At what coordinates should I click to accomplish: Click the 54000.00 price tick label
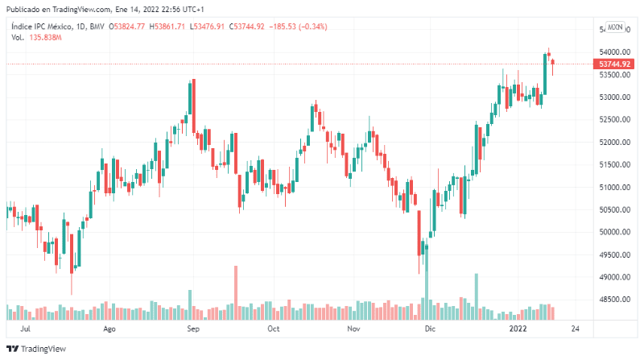tap(614, 52)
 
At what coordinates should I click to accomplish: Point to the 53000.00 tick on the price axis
tap(614, 97)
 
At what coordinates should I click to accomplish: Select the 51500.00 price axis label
tap(614, 164)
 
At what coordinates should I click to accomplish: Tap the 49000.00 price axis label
tap(614, 277)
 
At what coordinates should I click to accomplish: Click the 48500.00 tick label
tap(614, 300)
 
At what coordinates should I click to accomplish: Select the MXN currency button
tap(615, 27)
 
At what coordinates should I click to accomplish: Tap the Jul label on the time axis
tap(26, 329)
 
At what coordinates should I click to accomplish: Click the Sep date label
tap(192, 329)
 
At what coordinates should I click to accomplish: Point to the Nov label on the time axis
tap(353, 329)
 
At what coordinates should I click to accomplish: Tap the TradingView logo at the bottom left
tap(36, 350)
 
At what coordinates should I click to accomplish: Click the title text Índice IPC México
tap(45, 27)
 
